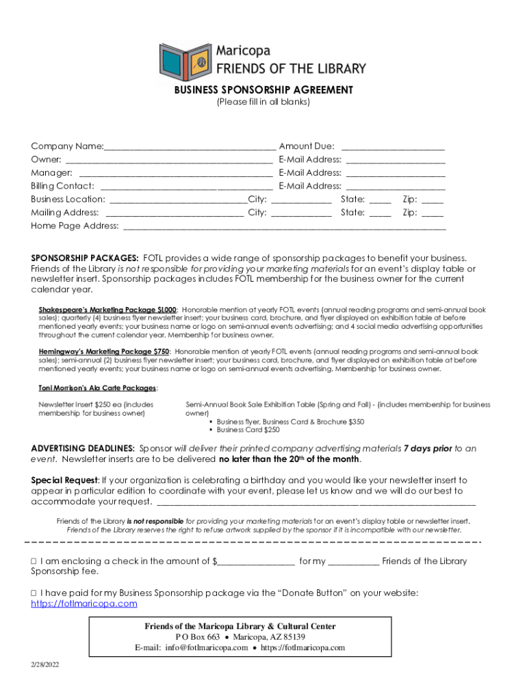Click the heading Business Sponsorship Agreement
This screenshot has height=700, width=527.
tap(263, 90)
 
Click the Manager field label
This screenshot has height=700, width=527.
tap(52, 173)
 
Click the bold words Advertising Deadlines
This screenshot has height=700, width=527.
tap(83, 448)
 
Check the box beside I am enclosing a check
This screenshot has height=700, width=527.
tap(34, 561)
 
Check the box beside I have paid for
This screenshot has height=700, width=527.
tap(34, 593)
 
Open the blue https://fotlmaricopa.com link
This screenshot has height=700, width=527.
tap(84, 604)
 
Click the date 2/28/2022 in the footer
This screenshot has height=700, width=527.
tap(44, 665)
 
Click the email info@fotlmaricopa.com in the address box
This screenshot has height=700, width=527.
tap(206, 648)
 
